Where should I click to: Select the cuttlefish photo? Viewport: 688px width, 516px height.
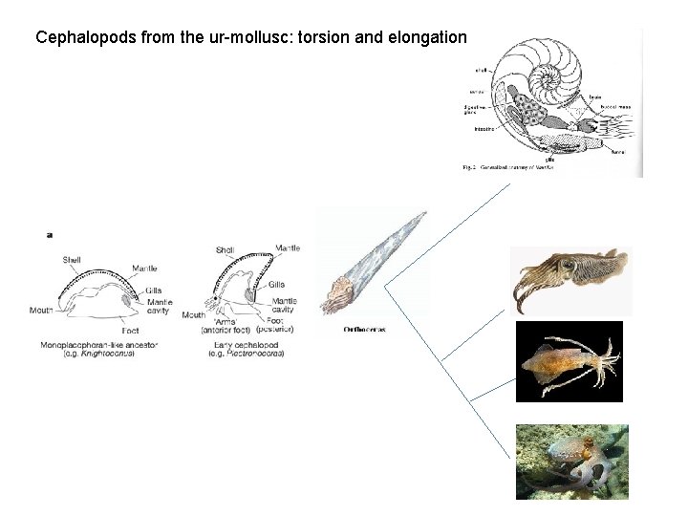tap(570, 280)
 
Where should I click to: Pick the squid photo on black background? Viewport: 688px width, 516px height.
tap(569, 361)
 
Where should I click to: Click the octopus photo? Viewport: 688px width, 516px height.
tap(571, 462)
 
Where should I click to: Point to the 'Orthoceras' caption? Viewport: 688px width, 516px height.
tap(363, 331)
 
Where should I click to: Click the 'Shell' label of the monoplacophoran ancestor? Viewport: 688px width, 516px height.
tap(72, 259)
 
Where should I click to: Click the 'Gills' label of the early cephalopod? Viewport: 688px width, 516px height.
tap(276, 284)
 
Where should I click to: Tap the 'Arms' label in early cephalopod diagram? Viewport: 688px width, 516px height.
tap(227, 324)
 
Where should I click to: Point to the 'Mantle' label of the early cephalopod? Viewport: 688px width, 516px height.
tap(287, 248)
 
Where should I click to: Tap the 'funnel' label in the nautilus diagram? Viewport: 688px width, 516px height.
tap(617, 150)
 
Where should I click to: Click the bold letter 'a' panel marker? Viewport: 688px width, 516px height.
tap(49, 232)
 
